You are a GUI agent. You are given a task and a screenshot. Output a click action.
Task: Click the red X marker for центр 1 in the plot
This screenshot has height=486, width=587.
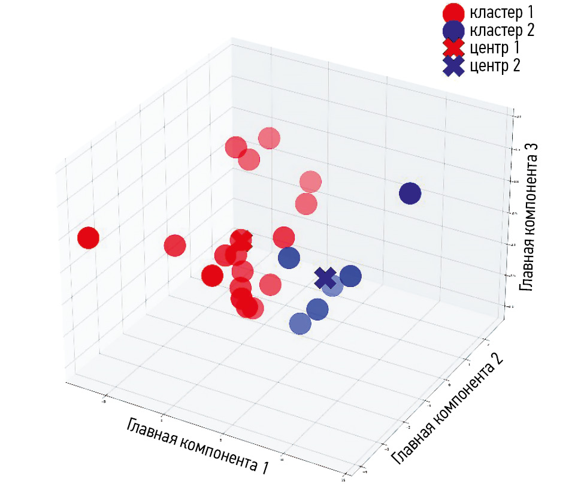point(241,241)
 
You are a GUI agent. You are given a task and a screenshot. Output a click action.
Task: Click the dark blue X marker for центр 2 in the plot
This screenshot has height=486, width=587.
point(325,277)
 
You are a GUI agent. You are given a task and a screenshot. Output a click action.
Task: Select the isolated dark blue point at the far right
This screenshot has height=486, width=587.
point(410,194)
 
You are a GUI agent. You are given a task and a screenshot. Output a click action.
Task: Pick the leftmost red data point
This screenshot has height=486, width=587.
point(88,238)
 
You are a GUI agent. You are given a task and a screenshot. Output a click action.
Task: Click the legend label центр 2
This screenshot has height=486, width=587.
point(495,65)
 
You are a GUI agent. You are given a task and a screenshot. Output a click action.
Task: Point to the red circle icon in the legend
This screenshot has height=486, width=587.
point(453,13)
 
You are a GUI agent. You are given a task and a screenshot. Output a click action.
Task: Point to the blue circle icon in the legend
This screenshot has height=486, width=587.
point(453,30)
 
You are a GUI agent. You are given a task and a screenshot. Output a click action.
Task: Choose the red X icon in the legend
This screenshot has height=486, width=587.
point(453,48)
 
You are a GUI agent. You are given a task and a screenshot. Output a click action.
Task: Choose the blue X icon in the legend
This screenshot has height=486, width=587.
point(453,66)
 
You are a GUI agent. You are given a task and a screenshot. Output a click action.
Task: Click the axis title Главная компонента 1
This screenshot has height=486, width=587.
point(197,445)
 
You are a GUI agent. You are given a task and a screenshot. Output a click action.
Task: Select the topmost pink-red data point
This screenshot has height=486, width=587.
point(269,138)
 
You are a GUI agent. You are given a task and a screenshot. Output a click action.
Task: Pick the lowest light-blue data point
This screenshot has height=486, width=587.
point(300,324)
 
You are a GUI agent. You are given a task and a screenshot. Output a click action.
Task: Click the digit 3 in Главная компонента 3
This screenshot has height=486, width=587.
point(528,152)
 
